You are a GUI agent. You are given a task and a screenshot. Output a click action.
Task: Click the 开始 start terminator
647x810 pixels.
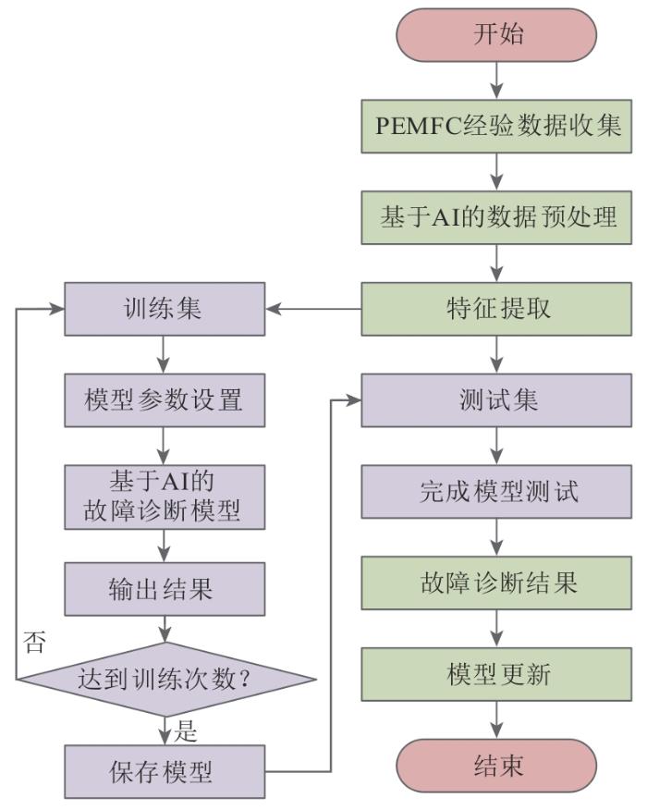click(498, 36)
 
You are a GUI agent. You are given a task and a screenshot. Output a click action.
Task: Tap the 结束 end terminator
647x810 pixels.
click(498, 767)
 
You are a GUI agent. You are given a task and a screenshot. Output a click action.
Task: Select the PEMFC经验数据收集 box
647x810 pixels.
click(498, 126)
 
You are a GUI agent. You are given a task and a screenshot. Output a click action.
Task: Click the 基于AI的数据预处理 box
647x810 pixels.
click(498, 218)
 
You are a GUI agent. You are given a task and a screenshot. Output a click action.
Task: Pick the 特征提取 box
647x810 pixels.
click(498, 309)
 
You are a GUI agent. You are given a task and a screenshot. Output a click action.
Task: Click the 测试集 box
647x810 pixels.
click(498, 399)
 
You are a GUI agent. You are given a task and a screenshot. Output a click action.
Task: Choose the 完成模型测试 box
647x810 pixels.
click(498, 491)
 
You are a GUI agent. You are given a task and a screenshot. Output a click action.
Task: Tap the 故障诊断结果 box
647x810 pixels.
click(498, 583)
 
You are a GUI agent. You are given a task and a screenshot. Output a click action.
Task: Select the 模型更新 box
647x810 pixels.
click(498, 675)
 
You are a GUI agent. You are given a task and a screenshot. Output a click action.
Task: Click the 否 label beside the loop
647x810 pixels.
click(35, 641)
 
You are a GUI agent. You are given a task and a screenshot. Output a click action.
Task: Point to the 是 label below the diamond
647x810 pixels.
click(187, 733)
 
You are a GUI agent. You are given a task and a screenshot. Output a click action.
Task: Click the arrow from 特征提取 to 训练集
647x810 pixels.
click(314, 309)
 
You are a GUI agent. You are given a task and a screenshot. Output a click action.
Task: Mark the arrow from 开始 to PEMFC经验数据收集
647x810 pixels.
click(498, 81)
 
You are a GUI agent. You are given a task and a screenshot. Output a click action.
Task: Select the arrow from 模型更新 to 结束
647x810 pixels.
click(498, 721)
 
